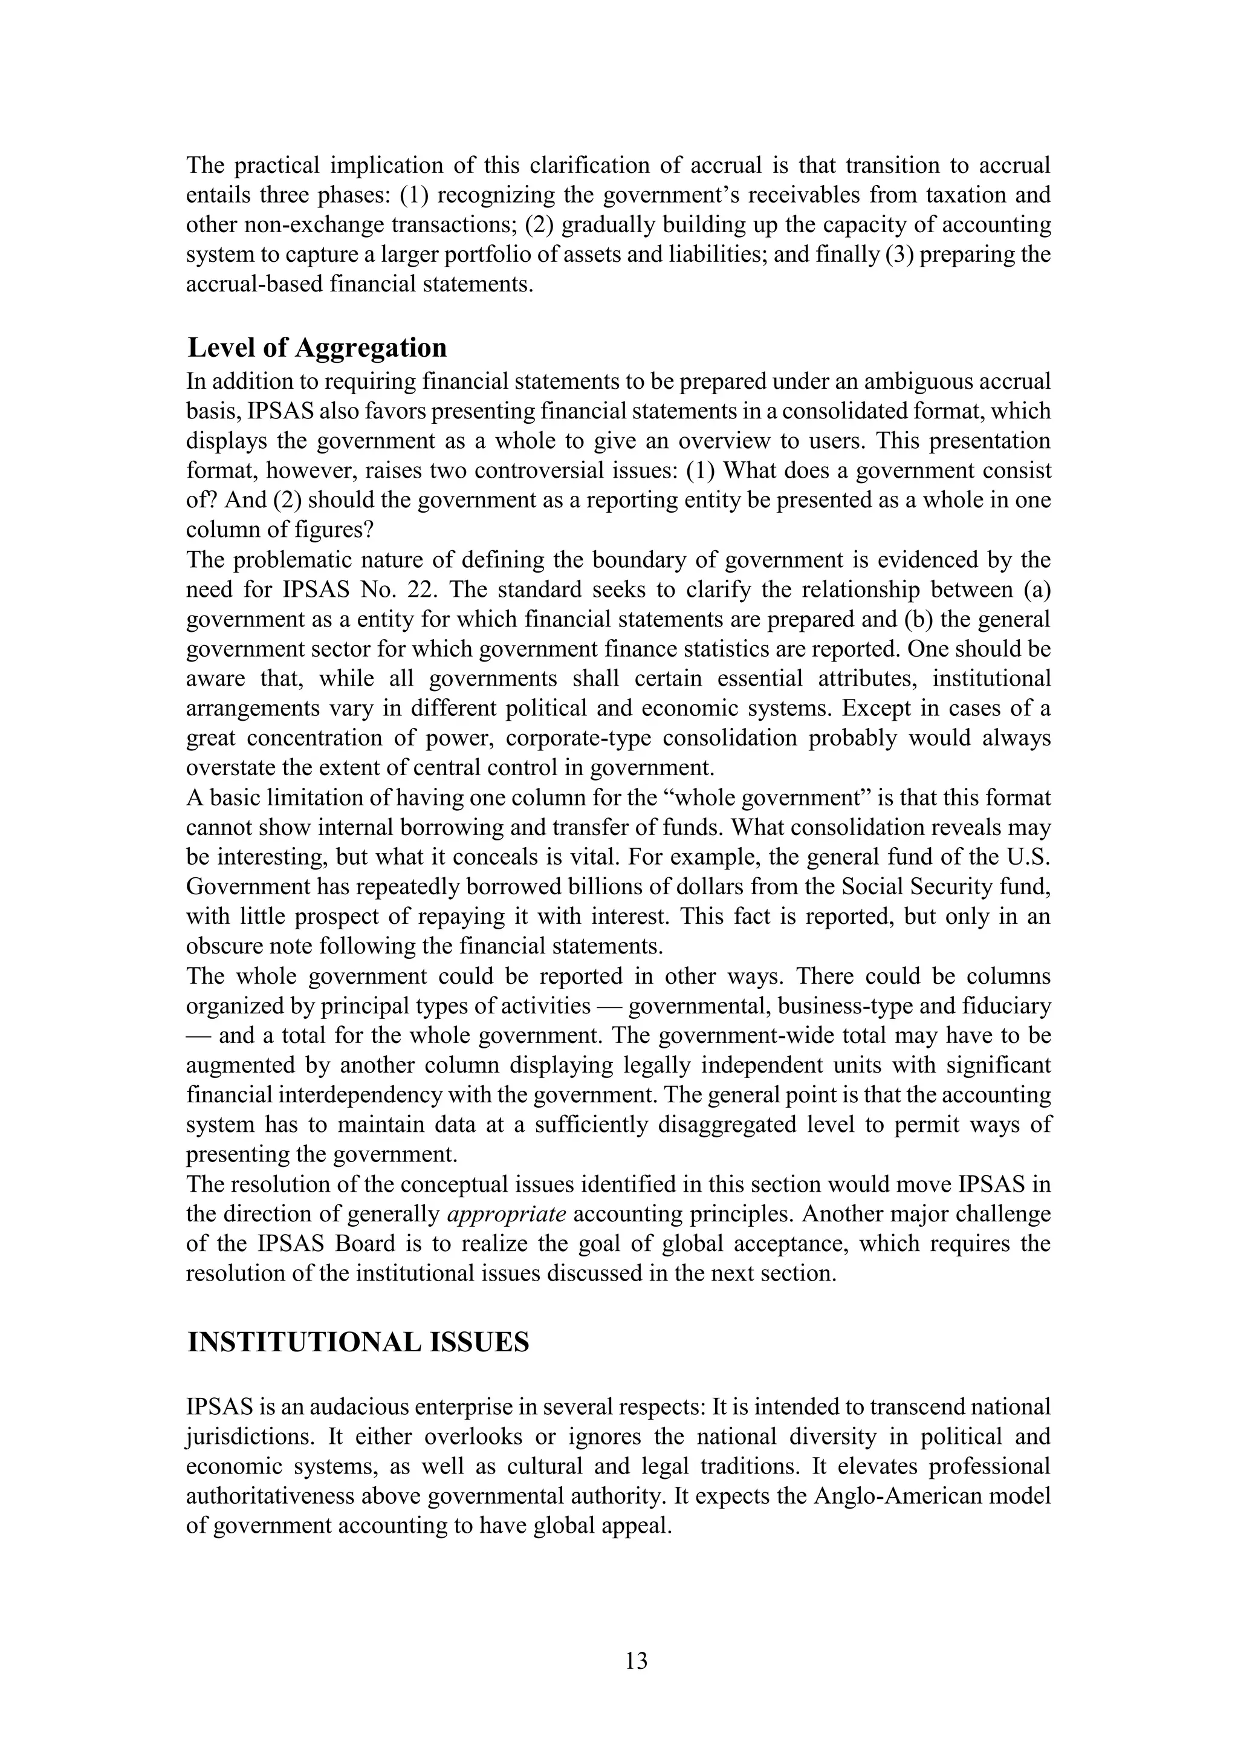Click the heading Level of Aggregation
(x=317, y=348)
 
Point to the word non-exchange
(x=313, y=225)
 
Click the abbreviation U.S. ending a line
(x=1028, y=857)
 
